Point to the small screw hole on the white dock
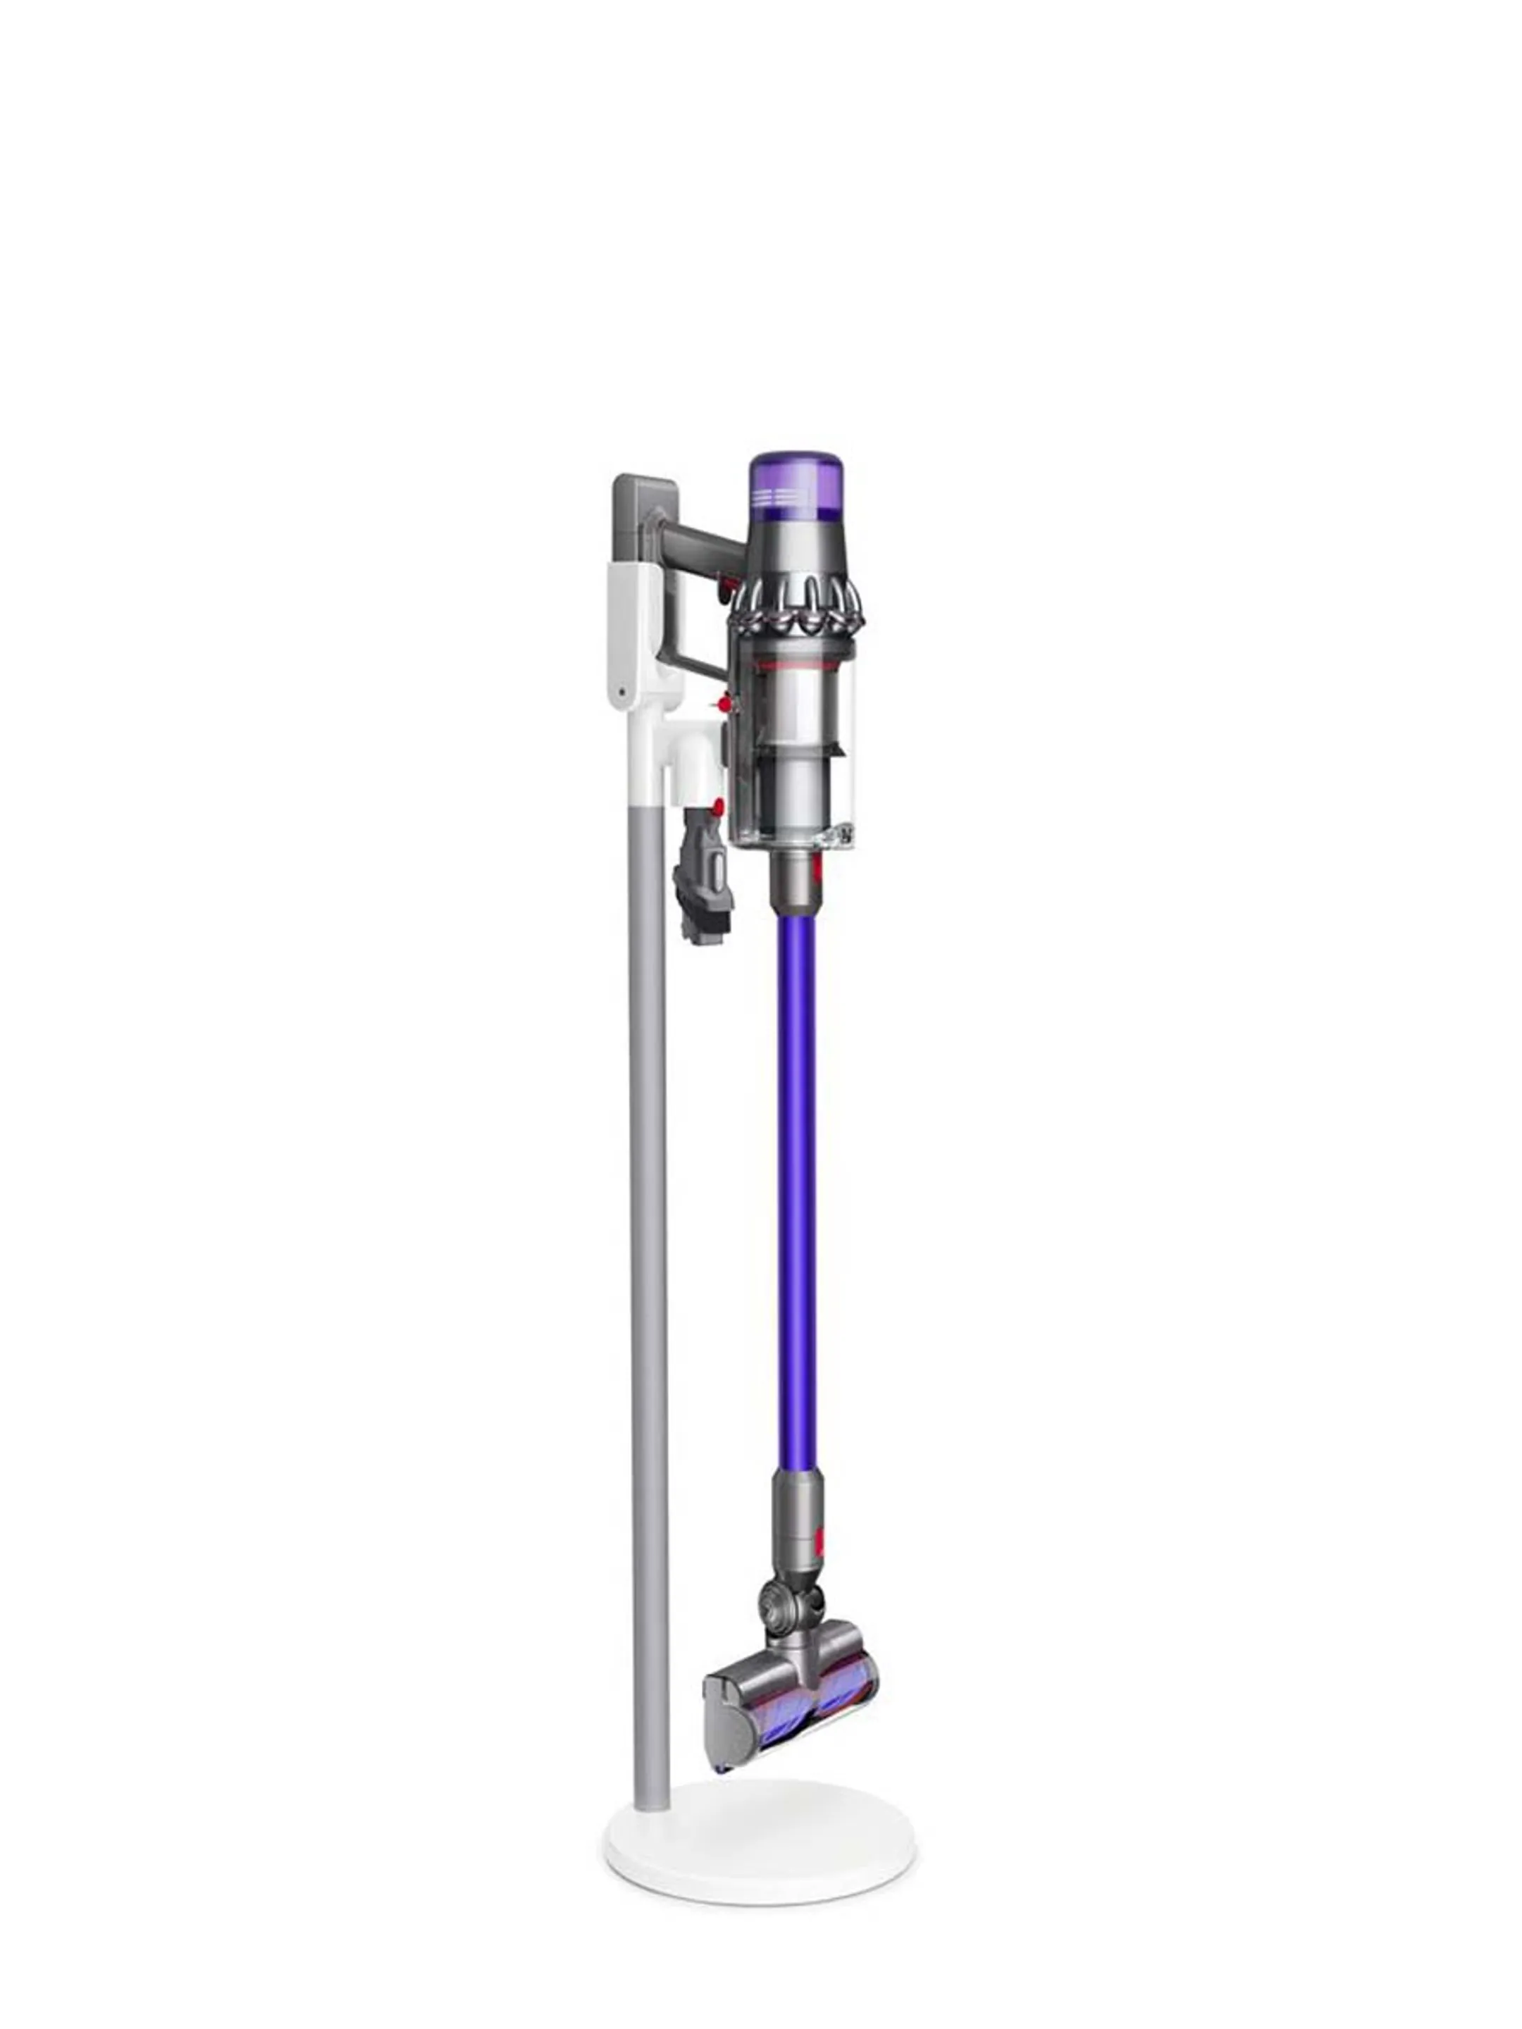(623, 692)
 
